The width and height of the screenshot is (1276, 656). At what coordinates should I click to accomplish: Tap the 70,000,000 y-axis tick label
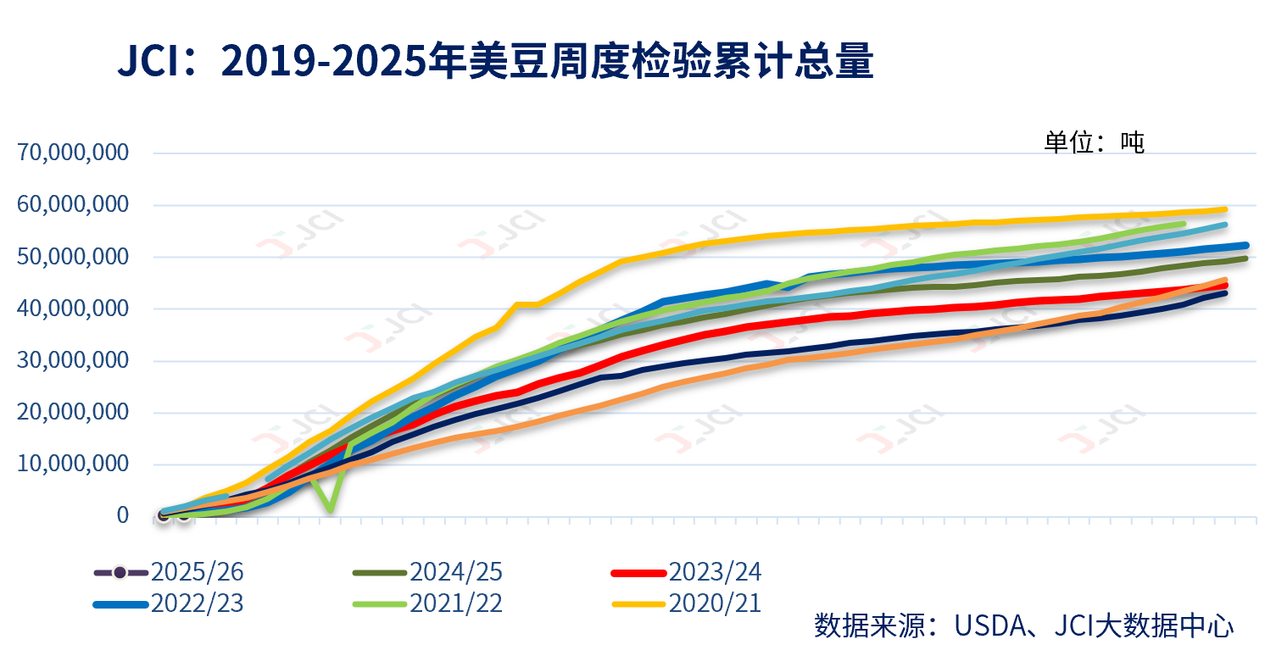(x=72, y=153)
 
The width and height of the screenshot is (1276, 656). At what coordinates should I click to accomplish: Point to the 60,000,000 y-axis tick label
(x=72, y=205)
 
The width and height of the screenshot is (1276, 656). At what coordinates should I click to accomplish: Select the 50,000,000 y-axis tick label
(x=72, y=257)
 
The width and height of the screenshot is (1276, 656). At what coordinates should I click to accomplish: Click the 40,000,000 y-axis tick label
(x=72, y=309)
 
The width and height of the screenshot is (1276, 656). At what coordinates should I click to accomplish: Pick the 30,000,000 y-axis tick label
(x=72, y=361)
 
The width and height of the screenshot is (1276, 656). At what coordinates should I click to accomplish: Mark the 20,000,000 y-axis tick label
(x=72, y=413)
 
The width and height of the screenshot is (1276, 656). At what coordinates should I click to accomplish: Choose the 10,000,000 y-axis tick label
(x=72, y=464)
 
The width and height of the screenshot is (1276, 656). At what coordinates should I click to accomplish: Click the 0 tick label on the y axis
(x=123, y=515)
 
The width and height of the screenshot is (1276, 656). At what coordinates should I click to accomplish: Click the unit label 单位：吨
(x=1094, y=142)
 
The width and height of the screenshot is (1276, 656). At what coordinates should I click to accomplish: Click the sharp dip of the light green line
(x=330, y=510)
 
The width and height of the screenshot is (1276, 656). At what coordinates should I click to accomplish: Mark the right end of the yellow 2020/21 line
(x=1224, y=209)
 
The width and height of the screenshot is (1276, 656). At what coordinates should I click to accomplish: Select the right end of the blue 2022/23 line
(x=1245, y=246)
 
